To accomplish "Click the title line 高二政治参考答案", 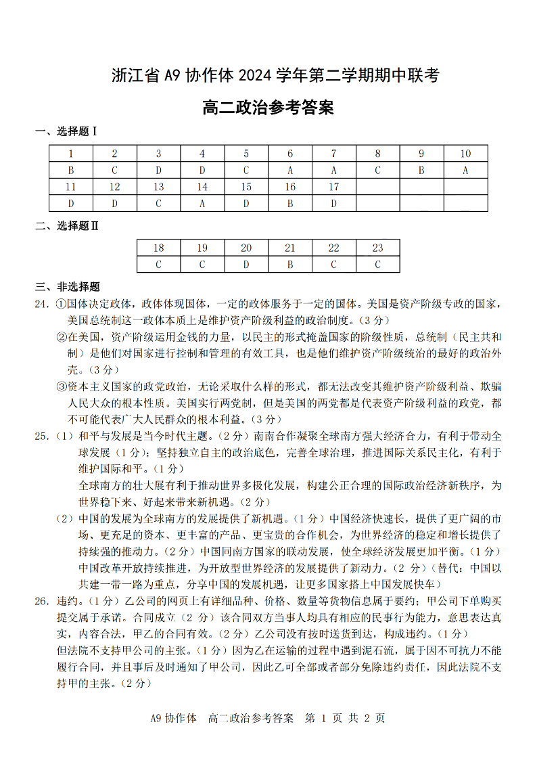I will (x=268, y=108).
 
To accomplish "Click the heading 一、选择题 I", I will (x=66, y=131).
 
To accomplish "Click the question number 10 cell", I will (x=465, y=154).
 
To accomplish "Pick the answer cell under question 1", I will (x=70, y=171).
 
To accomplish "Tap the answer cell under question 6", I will (x=290, y=171).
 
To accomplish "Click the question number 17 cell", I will (x=333, y=187).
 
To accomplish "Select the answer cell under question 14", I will (x=202, y=203).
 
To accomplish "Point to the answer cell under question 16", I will (x=290, y=203).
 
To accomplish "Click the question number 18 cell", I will (x=158, y=248).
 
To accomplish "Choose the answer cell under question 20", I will (x=246, y=265).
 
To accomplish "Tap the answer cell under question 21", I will (x=290, y=265).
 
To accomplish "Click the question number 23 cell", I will (x=377, y=248).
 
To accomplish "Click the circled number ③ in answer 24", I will (x=61, y=386).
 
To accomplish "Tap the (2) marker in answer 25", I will (x=64, y=518).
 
